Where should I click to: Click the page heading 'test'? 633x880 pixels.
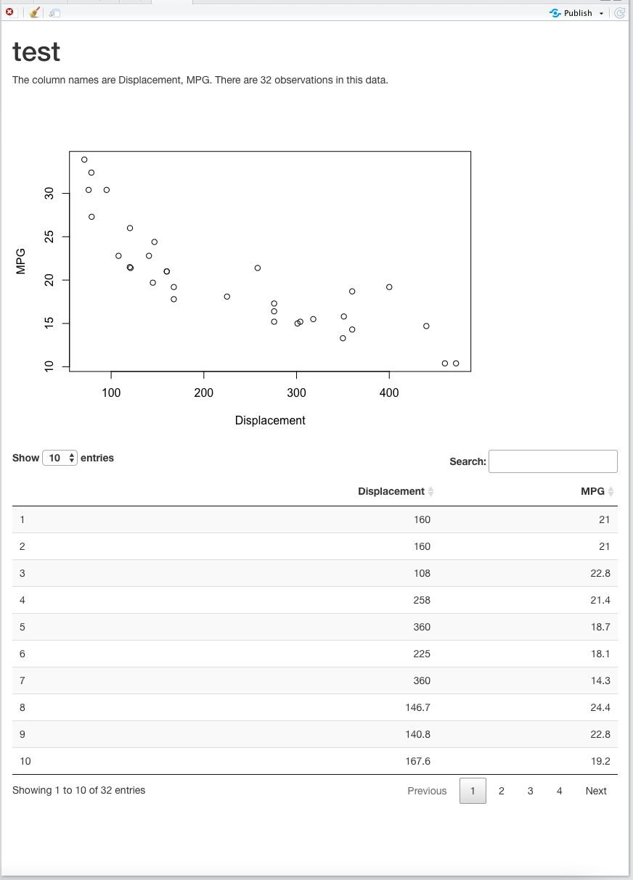pos(36,52)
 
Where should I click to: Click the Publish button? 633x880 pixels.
pos(577,13)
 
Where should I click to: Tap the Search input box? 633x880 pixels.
pos(552,461)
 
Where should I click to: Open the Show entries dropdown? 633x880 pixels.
pos(60,458)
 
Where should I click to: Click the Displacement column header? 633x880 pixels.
pos(391,491)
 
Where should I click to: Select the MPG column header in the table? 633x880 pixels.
pos(592,491)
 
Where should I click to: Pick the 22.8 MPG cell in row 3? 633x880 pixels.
pos(600,573)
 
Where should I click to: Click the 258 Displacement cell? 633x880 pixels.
pos(421,600)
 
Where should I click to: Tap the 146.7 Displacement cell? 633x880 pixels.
pos(417,707)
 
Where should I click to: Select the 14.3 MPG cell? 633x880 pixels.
pos(600,680)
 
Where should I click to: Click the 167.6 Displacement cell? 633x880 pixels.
pos(417,761)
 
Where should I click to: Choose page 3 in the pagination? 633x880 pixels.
pos(530,791)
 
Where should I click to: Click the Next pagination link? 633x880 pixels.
pos(595,791)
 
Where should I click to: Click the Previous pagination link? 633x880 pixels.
pos(427,791)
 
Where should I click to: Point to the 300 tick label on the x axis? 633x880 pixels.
pos(296,393)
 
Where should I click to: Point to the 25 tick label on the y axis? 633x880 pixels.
pos(49,237)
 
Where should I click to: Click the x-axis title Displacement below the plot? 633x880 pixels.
pos(270,421)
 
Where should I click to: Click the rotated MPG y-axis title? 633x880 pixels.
pos(21,261)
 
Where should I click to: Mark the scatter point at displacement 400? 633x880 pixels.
pos(389,287)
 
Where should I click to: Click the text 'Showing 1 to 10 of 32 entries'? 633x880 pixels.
pos(78,790)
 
